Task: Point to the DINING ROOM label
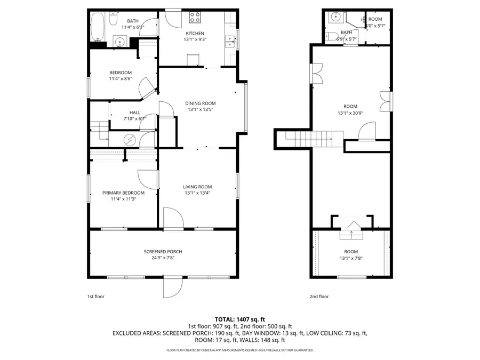pos(200,103)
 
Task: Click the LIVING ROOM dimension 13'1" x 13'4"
pos(197,193)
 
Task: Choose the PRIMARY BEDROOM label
pos(123,193)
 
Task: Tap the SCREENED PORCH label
pos(163,252)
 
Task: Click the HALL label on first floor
pos(135,113)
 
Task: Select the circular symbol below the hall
pos(130,141)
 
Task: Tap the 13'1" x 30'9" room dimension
pos(350,113)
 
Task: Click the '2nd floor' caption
pos(319,297)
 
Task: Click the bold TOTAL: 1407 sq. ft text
pos(239,318)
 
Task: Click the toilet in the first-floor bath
pos(113,20)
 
